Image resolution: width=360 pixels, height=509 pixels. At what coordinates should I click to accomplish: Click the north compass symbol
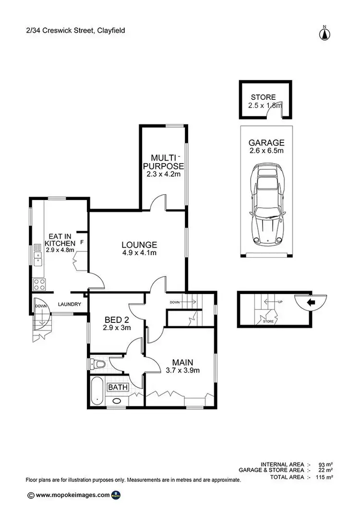(325, 33)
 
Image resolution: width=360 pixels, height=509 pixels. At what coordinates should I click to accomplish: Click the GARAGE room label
(266, 142)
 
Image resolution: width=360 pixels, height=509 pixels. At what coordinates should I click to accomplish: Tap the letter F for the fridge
(82, 242)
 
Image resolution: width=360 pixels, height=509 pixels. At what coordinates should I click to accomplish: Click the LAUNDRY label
(70, 304)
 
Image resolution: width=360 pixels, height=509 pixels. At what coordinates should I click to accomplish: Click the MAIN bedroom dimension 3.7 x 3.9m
(180, 370)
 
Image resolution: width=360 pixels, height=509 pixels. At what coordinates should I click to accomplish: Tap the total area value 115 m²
(324, 478)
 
